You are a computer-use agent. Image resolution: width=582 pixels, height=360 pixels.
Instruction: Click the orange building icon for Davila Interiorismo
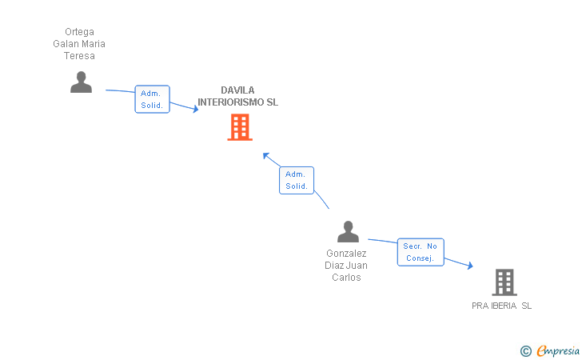(x=240, y=127)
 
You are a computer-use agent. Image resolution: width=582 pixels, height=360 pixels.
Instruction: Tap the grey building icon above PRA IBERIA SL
(x=504, y=282)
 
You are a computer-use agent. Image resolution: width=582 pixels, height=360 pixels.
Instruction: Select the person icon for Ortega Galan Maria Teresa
(x=81, y=82)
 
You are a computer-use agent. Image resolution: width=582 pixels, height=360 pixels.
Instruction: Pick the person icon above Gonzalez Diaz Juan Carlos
(x=348, y=231)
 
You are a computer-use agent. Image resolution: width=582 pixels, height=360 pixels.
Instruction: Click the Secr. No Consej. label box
(x=421, y=252)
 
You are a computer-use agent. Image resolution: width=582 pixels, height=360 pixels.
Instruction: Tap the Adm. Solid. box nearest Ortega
(x=152, y=99)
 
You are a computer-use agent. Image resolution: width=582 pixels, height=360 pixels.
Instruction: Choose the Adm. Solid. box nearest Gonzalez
(x=297, y=180)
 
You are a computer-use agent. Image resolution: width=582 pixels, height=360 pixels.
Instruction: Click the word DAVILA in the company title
(x=237, y=90)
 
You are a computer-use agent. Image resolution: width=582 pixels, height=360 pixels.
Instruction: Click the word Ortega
(x=79, y=32)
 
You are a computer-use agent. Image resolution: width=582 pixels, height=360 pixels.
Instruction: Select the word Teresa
(x=79, y=56)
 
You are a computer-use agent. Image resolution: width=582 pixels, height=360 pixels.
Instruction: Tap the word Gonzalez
(x=346, y=254)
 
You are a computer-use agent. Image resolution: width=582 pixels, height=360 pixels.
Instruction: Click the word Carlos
(x=346, y=278)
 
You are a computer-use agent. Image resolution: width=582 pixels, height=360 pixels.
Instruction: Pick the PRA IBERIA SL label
(x=502, y=306)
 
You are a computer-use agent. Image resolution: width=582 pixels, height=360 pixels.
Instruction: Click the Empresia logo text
(x=558, y=351)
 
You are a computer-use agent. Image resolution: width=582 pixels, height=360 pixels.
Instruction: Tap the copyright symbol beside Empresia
(x=525, y=351)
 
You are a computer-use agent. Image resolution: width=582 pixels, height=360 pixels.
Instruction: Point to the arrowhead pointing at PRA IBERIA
(x=470, y=266)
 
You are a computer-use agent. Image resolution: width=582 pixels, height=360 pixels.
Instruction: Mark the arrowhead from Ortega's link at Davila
(x=196, y=109)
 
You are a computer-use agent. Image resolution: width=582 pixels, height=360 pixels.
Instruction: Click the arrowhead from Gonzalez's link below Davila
(x=265, y=156)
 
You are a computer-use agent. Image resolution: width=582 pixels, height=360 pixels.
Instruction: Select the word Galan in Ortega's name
(x=66, y=44)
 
